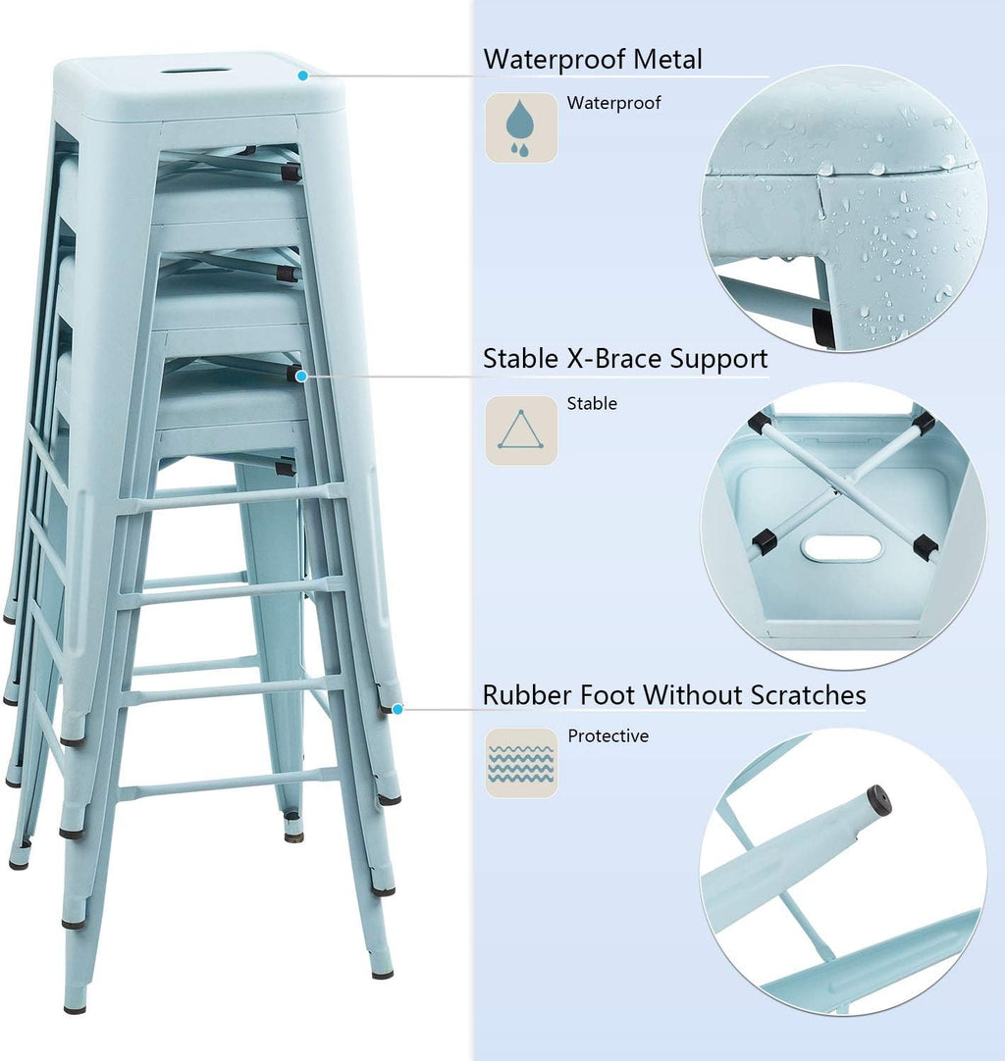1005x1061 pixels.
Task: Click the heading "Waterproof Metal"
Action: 593,59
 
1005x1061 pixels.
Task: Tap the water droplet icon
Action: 521,127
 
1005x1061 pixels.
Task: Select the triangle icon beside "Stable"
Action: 521,430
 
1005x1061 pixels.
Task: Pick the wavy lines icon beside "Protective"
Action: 521,763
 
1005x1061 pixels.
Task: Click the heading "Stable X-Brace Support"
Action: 625,359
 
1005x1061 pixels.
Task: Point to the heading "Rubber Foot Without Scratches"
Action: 674,695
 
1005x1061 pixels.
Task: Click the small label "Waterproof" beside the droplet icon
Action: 613,103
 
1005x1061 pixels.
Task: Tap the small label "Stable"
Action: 592,403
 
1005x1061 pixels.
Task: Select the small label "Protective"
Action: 608,735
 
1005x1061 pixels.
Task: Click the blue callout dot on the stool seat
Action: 302,76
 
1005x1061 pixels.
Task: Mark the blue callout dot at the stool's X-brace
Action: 301,377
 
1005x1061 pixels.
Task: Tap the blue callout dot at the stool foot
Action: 397,709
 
